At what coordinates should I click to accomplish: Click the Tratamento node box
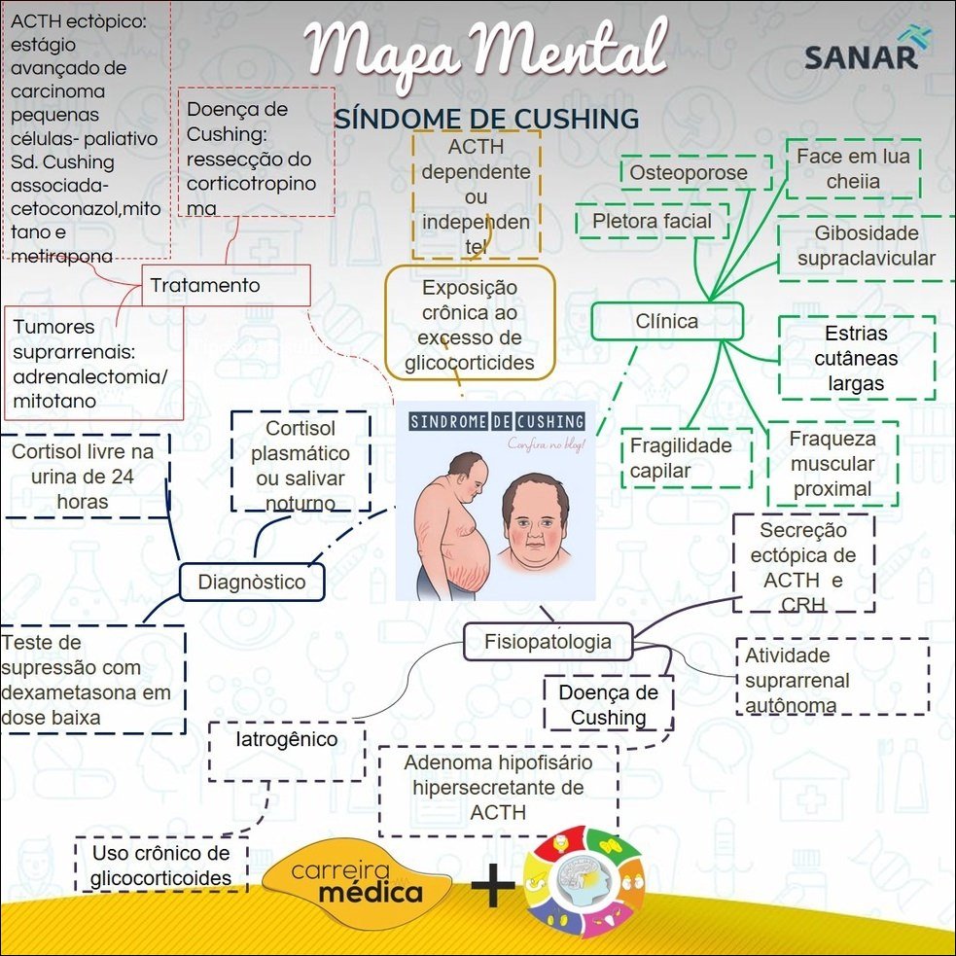[226, 285]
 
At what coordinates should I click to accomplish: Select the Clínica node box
[666, 321]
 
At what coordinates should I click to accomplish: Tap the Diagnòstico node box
[251, 583]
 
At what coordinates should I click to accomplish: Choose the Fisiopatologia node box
[548, 641]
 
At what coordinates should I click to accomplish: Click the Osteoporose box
[694, 173]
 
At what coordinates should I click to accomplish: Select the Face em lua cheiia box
[853, 168]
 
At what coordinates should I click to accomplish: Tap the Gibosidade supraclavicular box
[866, 246]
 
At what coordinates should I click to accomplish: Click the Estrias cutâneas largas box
[856, 358]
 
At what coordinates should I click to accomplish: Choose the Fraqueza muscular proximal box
[832, 464]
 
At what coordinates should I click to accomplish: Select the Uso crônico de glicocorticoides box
[161, 866]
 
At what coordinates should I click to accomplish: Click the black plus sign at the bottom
[493, 887]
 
